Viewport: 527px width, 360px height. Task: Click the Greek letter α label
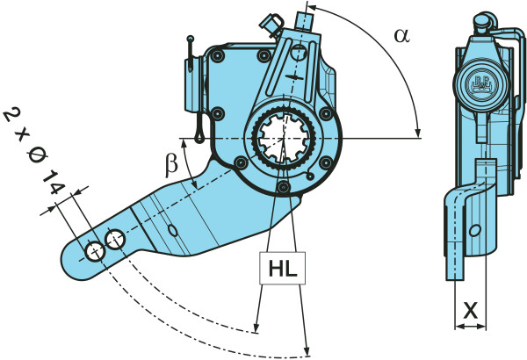[x=401, y=35]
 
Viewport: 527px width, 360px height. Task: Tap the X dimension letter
[x=471, y=310]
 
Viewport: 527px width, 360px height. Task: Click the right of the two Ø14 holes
[x=115, y=239]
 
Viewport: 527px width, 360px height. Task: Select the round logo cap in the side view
[x=480, y=86]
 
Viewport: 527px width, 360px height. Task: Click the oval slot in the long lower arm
[x=173, y=230]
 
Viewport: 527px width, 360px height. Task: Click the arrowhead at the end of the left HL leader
[x=256, y=329]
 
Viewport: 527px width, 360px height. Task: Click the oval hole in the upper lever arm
[x=299, y=55]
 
